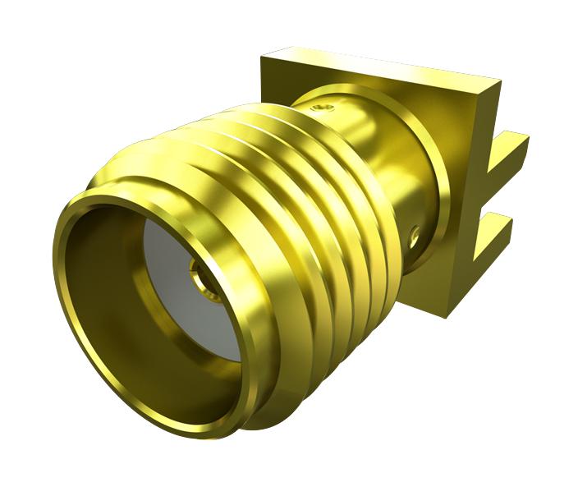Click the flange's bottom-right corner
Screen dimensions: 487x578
click(x=447, y=315)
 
